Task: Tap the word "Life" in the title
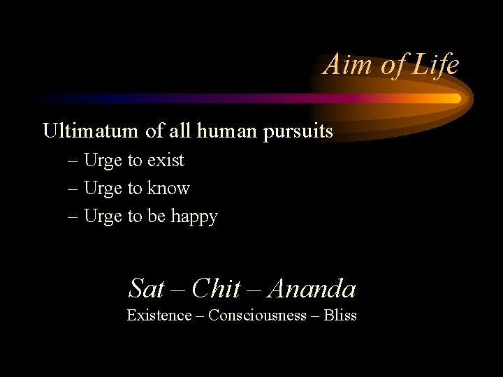tap(435, 65)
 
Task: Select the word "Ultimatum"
tap(92, 131)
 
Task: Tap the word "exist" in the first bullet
tap(166, 161)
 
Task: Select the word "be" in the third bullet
tap(156, 216)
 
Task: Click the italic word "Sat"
tap(147, 288)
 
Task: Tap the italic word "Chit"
tap(216, 288)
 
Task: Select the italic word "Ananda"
tap(312, 288)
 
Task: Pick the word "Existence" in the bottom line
tap(159, 316)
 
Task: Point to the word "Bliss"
tap(340, 316)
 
